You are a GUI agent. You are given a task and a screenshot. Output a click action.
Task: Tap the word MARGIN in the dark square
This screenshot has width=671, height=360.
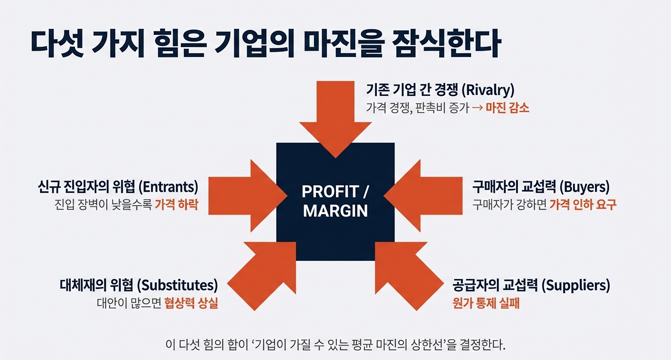pyautogui.click(x=335, y=211)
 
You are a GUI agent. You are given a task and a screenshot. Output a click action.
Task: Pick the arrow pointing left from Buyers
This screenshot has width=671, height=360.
pyautogui.click(x=415, y=195)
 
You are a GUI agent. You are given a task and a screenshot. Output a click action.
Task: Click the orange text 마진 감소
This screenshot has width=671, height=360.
pyautogui.click(x=507, y=108)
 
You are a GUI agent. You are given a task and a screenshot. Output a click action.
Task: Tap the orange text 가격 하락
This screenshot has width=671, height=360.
pyautogui.click(x=176, y=204)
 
